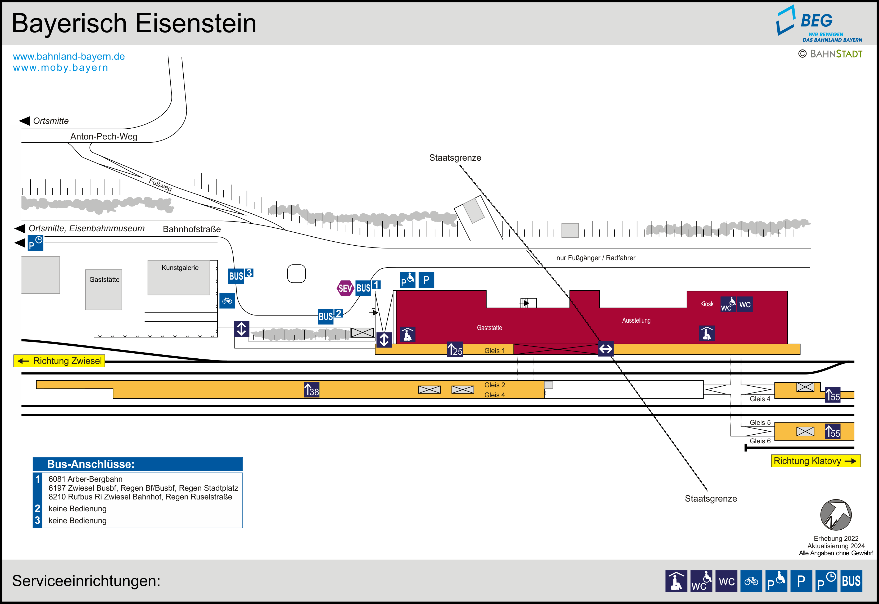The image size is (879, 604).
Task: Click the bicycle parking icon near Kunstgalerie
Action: coord(227,301)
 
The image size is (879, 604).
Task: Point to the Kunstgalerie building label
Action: coord(180,268)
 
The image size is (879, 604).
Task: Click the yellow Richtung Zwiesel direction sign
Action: coord(59,361)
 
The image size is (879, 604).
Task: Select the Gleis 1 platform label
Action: coord(494,351)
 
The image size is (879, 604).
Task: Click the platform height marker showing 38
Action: coord(312,390)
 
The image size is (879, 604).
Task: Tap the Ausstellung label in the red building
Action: coord(636,321)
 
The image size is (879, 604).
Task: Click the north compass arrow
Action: coord(836,515)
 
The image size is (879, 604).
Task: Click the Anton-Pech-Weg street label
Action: coord(104,137)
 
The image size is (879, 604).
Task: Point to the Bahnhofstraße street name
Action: coord(192,229)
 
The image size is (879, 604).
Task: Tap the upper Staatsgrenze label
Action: coord(455,158)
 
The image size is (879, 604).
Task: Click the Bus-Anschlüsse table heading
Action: coord(91,464)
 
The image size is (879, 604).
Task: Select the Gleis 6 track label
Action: coord(760,441)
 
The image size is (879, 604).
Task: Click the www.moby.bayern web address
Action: coord(61,68)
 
